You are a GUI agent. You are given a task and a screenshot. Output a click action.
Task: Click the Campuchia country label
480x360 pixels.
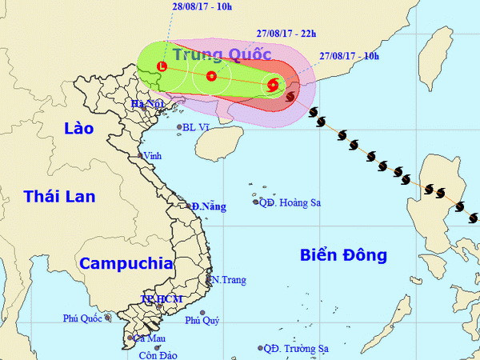coord(126,262)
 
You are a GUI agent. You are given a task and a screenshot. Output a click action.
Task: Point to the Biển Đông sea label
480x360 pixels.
coord(343,255)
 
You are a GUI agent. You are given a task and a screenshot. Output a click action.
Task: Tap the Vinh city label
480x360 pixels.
coord(150,157)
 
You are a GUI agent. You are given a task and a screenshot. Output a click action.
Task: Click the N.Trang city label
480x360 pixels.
coord(228,280)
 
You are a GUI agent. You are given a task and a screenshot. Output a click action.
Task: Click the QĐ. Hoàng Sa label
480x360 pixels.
coord(289,203)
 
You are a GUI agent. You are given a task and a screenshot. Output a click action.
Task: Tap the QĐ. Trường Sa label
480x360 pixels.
coord(295,348)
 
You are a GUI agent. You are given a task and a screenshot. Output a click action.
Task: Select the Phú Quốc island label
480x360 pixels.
coord(82,318)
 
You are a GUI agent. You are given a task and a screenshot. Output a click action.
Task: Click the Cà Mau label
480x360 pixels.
coord(138,339)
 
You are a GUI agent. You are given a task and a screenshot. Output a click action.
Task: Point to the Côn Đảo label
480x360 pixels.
coord(157,354)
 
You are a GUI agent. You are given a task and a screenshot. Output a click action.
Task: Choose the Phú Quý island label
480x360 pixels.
coord(202,321)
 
